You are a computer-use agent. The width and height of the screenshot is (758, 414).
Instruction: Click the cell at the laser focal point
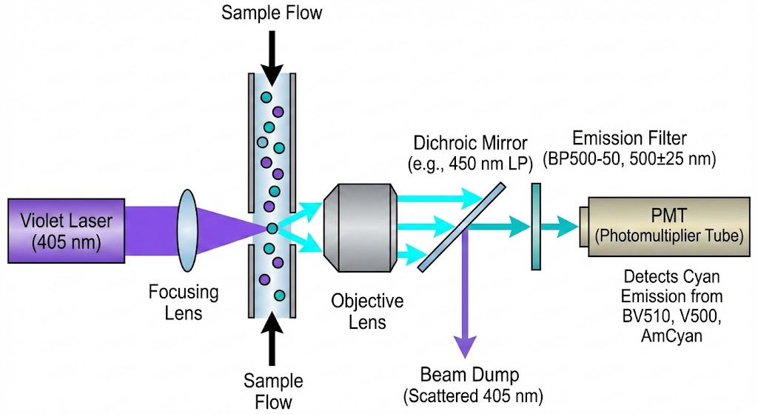pos(272,229)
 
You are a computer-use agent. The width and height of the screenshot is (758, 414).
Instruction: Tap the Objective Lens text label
pos(367,311)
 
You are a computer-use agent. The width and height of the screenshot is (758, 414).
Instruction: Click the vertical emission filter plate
pos(534,227)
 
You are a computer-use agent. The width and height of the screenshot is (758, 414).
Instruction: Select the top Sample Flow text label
pos(272,13)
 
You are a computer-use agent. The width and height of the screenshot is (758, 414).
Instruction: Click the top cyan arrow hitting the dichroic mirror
pos(437,198)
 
